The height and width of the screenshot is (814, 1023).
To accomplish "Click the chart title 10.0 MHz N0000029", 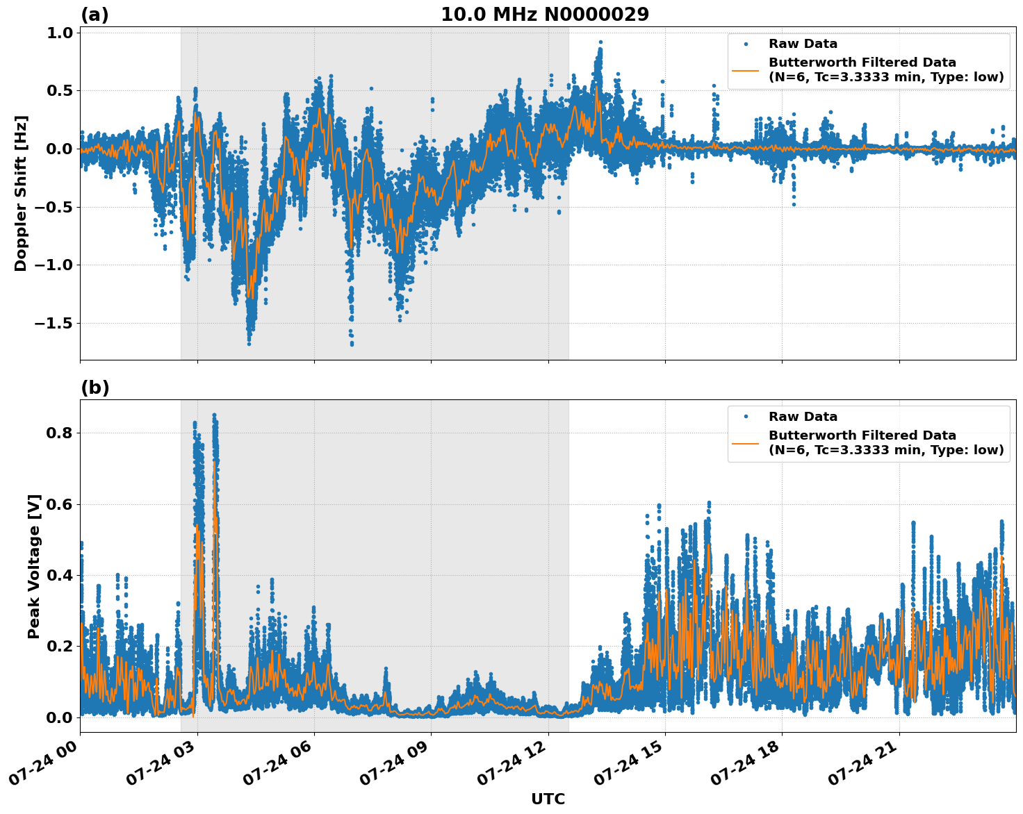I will [x=545, y=15].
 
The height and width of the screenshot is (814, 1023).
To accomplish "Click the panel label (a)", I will [x=95, y=15].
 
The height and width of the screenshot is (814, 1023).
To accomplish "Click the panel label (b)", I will [x=95, y=388].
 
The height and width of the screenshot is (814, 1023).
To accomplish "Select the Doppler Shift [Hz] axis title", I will [x=21, y=193].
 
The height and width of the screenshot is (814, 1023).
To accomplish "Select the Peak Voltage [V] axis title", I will [x=34, y=566].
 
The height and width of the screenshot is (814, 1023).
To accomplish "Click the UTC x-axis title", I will [x=548, y=799].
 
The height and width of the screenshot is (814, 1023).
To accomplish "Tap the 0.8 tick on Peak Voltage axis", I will [x=60, y=433].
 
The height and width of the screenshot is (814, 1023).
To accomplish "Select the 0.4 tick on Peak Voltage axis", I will [x=60, y=575].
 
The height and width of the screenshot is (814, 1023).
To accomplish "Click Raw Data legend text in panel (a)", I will [x=803, y=44].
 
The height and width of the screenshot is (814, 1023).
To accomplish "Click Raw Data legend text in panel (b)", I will [x=803, y=417].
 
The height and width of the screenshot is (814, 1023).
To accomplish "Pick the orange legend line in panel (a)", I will [x=745, y=70].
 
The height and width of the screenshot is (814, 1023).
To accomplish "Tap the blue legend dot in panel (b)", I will [x=745, y=417].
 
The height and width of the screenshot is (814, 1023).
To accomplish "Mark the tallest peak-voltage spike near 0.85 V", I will [x=214, y=415].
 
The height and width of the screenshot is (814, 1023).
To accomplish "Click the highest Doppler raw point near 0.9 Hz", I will [x=600, y=42].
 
